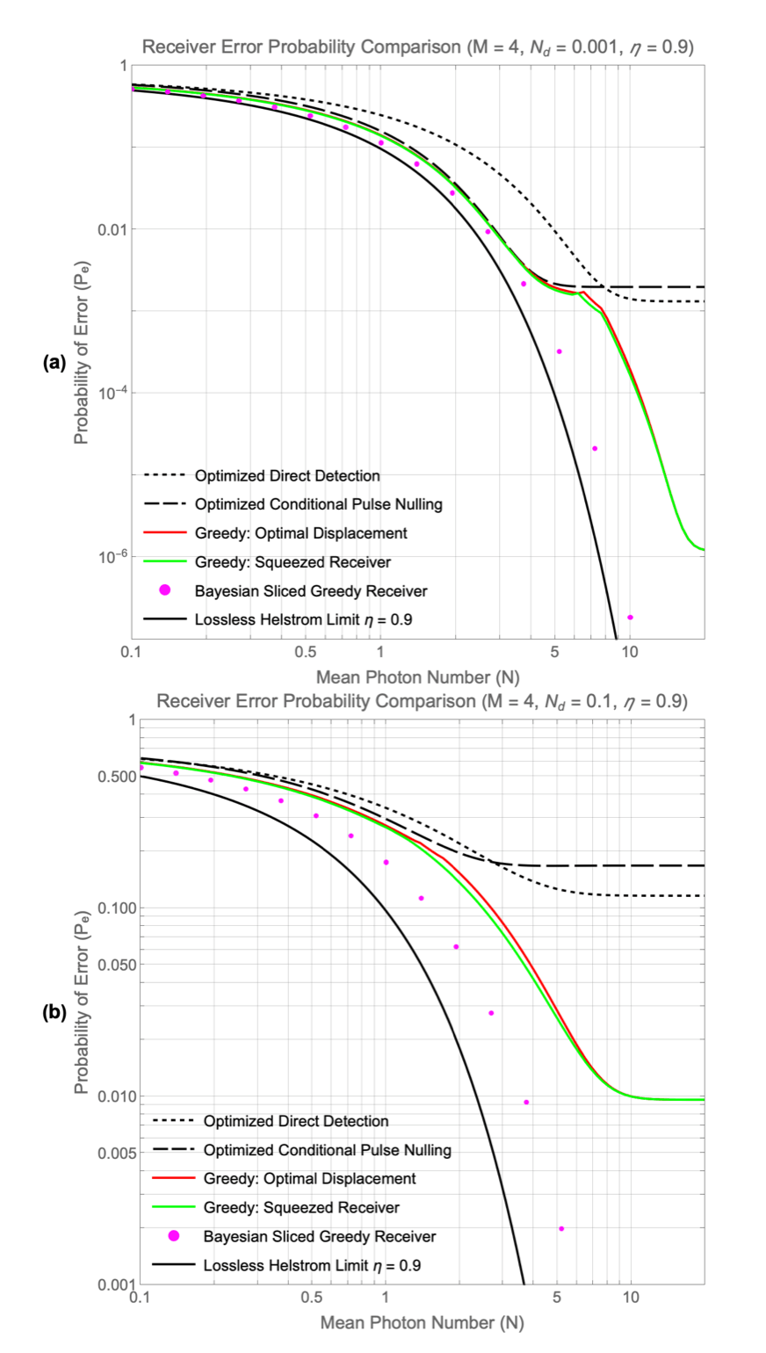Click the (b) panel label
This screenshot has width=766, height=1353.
click(x=54, y=1012)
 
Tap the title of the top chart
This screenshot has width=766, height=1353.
click(x=418, y=47)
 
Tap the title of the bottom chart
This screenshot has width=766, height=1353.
click(x=418, y=701)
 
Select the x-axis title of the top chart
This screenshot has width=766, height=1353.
click(x=417, y=676)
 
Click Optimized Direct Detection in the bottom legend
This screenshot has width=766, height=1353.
click(x=296, y=1121)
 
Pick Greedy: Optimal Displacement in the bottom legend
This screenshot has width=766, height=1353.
click(x=309, y=1178)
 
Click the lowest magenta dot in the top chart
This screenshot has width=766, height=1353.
click(x=630, y=618)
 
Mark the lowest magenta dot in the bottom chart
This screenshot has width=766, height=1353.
click(x=561, y=1228)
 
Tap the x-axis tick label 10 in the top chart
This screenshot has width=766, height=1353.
click(x=629, y=654)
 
